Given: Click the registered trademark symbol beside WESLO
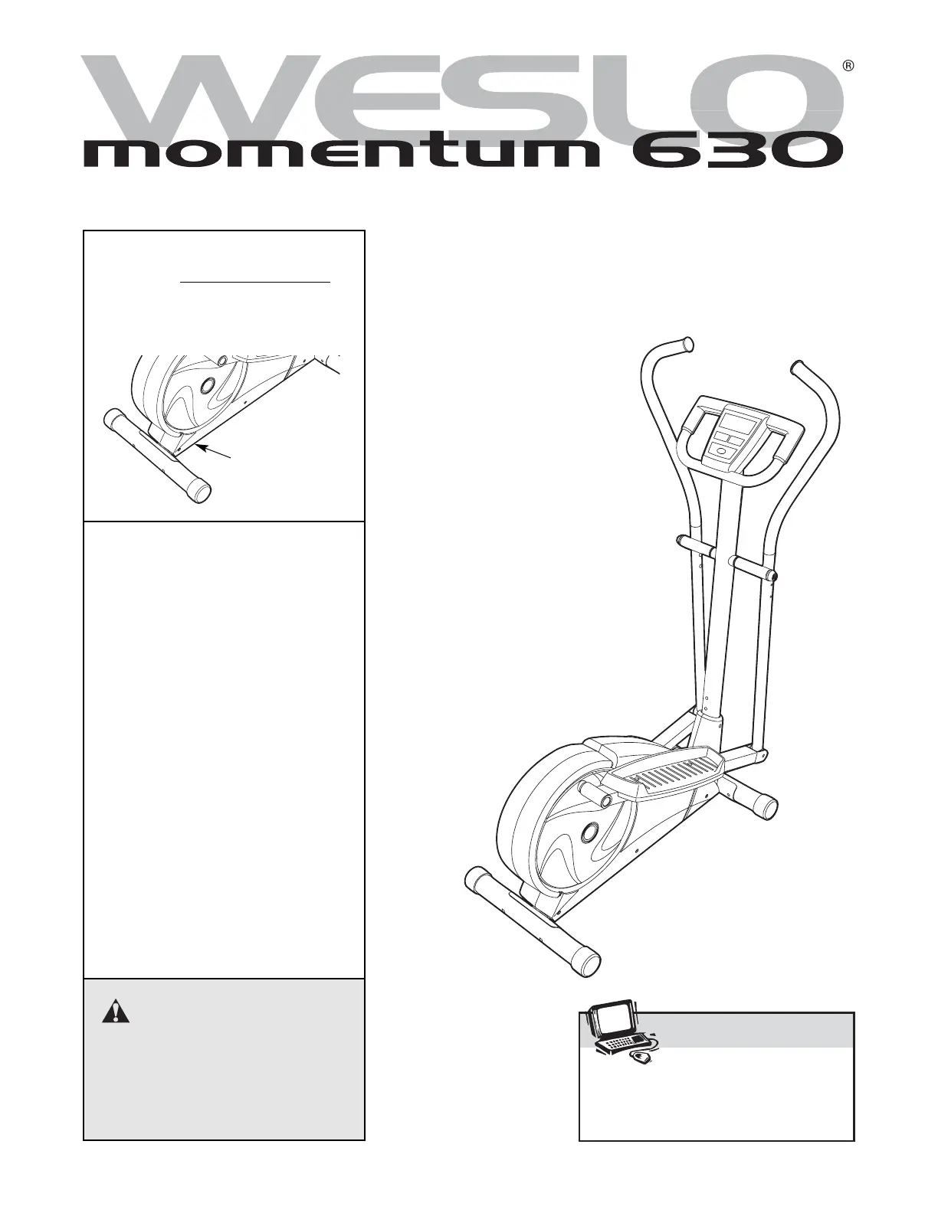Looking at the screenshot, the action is (848, 66).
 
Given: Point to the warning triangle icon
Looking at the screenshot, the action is (116, 1012).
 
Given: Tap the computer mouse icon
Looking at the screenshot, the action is (641, 1058).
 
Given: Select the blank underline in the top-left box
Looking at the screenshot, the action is (255, 282).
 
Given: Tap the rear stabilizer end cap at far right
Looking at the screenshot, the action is (766, 806).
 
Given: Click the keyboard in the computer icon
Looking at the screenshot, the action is (624, 1043).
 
